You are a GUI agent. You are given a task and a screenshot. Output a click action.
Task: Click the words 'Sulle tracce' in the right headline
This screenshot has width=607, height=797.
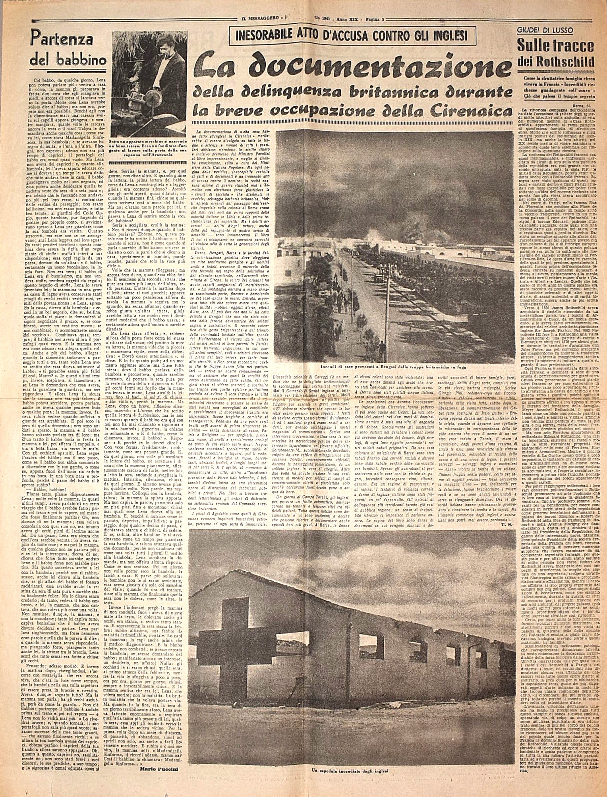555,46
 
